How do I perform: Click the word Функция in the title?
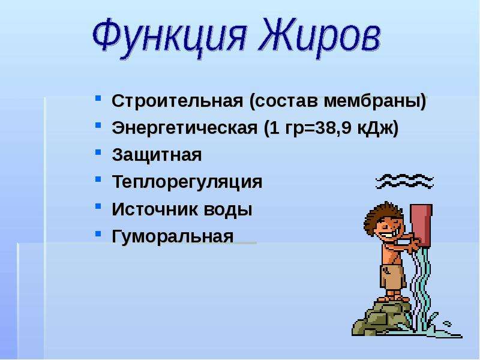point(169,35)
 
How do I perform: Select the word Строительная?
point(177,101)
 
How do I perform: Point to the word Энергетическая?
point(185,128)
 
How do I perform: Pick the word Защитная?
point(157,155)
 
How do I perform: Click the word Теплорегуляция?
point(187,182)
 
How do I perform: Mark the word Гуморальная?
point(173,236)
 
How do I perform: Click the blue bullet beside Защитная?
point(98,152)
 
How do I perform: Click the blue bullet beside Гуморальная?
point(98,234)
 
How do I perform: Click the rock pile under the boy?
point(382,318)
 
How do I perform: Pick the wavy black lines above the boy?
point(404,181)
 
